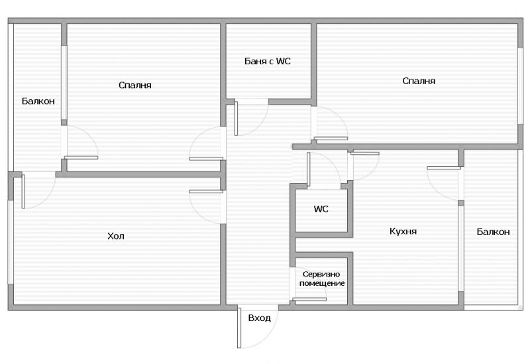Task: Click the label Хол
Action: click(116, 236)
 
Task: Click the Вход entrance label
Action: click(259, 318)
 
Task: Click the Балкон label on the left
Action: click(38, 101)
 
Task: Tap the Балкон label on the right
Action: click(493, 232)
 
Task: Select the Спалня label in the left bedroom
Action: click(135, 85)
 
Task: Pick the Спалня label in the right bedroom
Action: click(419, 81)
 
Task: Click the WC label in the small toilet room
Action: click(321, 209)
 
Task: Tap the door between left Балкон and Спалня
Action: click(79, 142)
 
